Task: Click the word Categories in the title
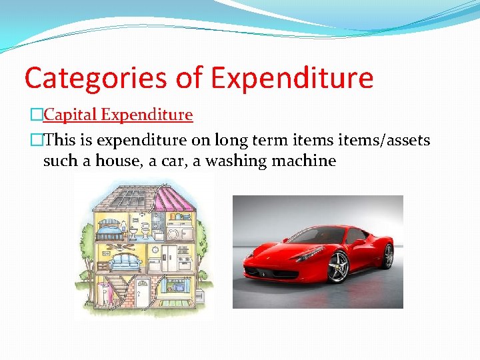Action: coord(96,78)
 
